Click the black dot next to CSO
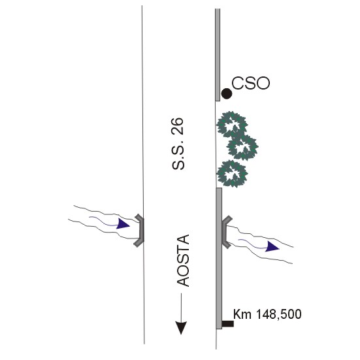click(x=227, y=93)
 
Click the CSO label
click(x=251, y=83)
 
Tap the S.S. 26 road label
click(x=178, y=144)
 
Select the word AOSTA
click(x=184, y=261)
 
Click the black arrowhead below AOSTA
click(x=181, y=328)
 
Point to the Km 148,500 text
click(x=267, y=314)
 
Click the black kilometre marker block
click(x=228, y=323)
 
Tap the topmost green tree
click(x=232, y=124)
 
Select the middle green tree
click(x=242, y=147)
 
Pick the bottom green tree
click(x=232, y=174)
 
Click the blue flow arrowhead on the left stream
click(x=123, y=224)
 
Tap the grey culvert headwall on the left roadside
click(x=140, y=230)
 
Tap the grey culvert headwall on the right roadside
click(x=225, y=232)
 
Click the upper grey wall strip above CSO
click(x=218, y=55)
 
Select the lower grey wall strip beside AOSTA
click(x=219, y=258)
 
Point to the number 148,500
click(x=278, y=314)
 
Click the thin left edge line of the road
click(x=143, y=174)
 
